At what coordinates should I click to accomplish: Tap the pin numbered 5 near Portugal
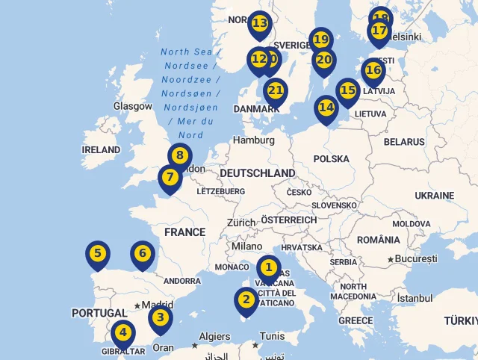pos(97,254)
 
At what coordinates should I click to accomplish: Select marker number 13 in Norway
pos(259,24)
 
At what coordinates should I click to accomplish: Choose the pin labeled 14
pos(326,108)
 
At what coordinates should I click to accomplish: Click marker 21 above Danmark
pos(276,91)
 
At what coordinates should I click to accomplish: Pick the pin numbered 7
pos(170,178)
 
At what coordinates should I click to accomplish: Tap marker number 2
pos(246,300)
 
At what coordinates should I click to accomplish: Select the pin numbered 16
pos(373,70)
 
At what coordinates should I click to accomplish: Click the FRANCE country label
pos(184,232)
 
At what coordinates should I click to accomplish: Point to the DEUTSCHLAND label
pos(257,173)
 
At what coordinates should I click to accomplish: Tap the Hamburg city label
pos(254,140)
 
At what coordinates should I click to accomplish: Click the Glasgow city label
pos(133,106)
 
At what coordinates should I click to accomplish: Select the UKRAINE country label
pos(434,195)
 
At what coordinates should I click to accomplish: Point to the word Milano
pos(246,246)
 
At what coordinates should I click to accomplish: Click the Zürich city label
pos(241,223)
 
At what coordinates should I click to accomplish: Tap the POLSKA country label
pos(331,158)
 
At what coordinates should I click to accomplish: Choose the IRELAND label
pos(101,149)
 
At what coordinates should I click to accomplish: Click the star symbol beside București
pos(391,259)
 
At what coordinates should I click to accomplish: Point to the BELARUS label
pos(404,142)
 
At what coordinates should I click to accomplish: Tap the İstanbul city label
pos(415,298)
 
